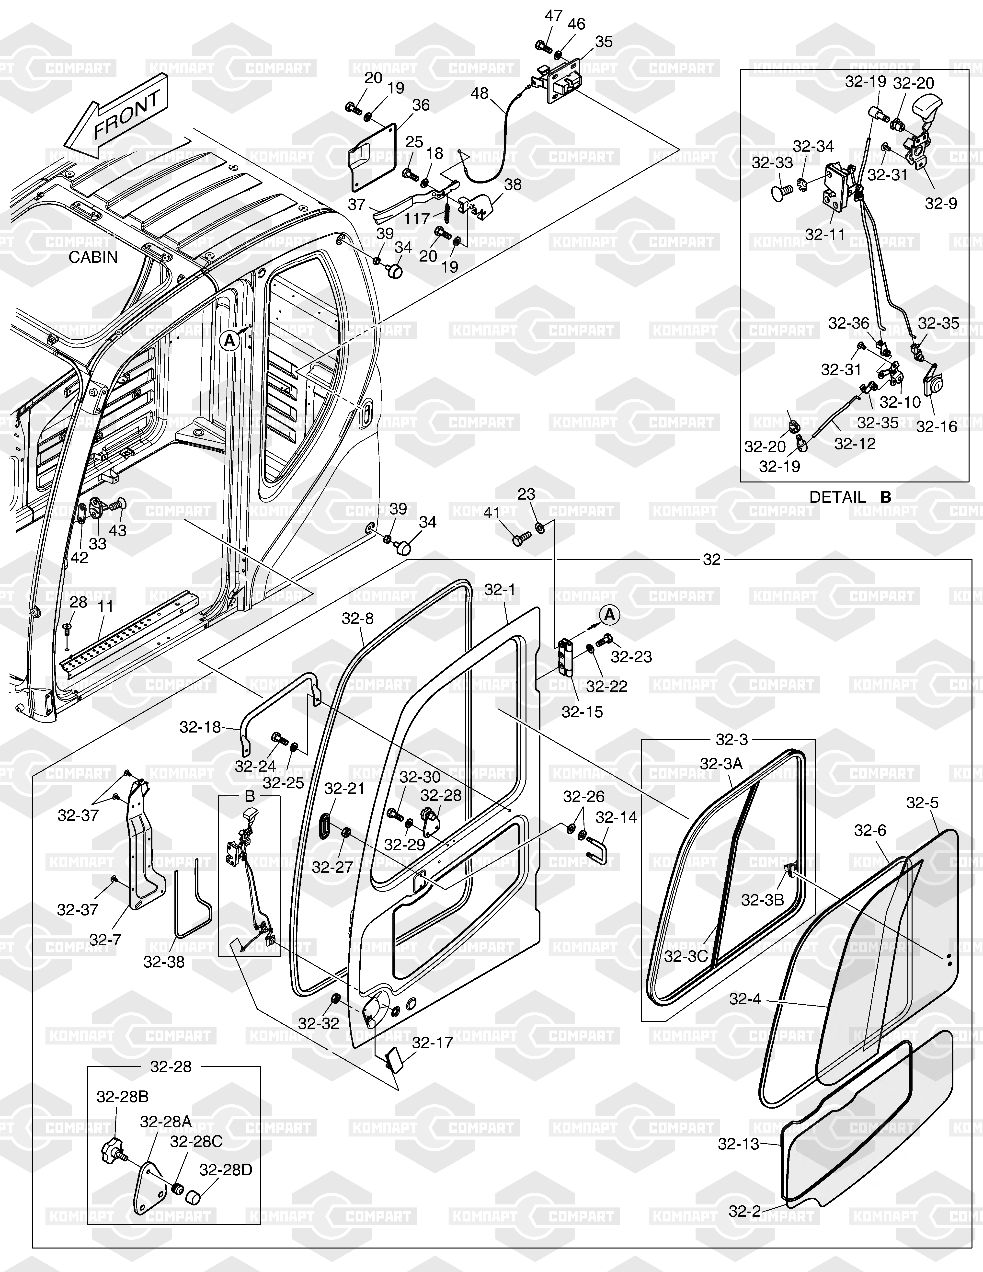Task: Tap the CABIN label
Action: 93,257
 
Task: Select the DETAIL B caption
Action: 850,497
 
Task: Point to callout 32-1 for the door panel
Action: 500,590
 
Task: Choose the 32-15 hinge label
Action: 582,712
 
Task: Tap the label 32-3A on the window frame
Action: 721,764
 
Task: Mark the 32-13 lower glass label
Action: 738,1144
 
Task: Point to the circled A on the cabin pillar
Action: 229,341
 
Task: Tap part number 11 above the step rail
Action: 105,606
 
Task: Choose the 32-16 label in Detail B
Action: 937,427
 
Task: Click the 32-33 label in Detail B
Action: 772,163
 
